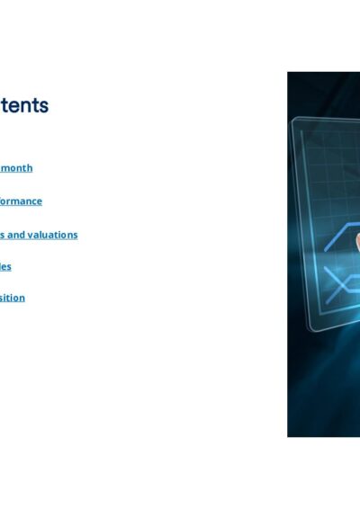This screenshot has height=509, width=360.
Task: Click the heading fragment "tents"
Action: [x=24, y=105]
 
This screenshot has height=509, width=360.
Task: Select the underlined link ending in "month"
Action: [x=16, y=168]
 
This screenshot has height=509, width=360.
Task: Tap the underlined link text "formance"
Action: [x=21, y=201]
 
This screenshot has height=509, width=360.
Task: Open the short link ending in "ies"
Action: [x=5, y=266]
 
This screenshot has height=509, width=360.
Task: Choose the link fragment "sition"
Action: [x=13, y=298]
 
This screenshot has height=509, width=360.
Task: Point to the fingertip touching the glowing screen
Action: [x=357, y=241]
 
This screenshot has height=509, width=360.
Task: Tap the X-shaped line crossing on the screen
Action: [x=334, y=290]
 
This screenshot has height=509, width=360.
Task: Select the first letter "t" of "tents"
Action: [x=4, y=105]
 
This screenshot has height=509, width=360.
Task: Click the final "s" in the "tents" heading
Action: [x=44, y=105]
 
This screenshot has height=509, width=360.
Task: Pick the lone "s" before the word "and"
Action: [x=4, y=235]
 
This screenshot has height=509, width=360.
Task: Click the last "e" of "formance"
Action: [x=39, y=201]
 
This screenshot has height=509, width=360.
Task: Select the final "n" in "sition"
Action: [x=22, y=298]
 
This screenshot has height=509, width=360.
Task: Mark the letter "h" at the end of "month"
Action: [x=30, y=168]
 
